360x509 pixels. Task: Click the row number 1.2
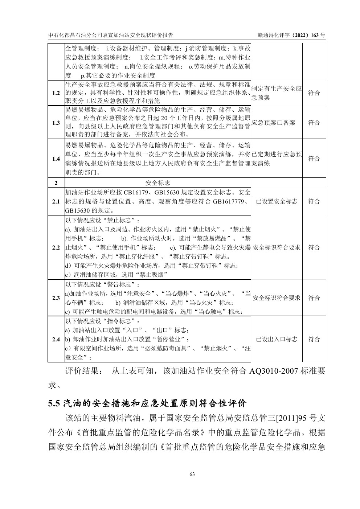point(56,93)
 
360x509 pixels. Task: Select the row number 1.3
point(56,123)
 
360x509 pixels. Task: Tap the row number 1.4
point(56,159)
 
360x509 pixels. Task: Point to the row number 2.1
point(56,201)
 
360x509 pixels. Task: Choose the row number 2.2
point(56,247)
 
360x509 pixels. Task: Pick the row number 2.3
point(56,298)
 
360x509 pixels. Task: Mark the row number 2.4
point(56,339)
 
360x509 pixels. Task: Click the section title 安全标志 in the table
point(157,182)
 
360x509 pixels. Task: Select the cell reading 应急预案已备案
point(273,123)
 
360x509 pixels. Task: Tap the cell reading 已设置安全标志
point(277,201)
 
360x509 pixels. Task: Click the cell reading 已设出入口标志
point(277,339)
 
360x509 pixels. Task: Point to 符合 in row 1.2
point(314,93)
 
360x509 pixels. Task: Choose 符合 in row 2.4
point(314,339)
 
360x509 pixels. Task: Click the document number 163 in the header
point(315,35)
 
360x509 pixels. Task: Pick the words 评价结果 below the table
point(81,372)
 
